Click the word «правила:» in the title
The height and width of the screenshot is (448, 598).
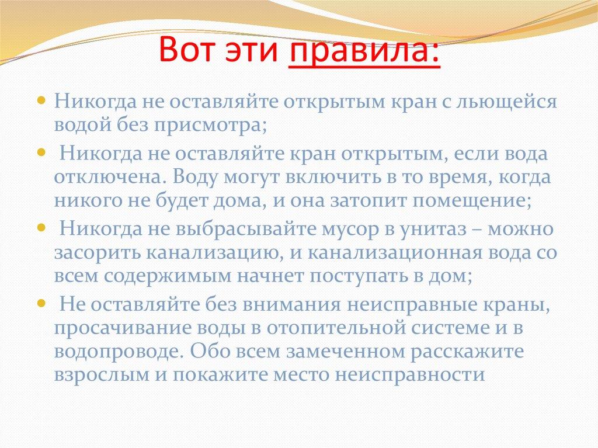coord(364,50)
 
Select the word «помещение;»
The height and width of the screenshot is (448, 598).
coord(472,201)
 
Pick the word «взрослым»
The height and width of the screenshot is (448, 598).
coord(102,376)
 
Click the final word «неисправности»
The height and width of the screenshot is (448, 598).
coord(410,375)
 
